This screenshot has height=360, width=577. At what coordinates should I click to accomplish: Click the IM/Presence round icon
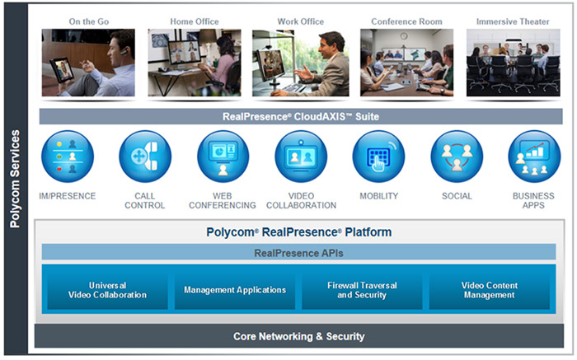click(x=68, y=157)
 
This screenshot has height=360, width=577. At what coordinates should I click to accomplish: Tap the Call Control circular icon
click(x=144, y=157)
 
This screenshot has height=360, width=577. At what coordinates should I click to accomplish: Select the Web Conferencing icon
click(x=223, y=157)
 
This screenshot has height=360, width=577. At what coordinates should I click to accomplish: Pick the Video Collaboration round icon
click(x=301, y=157)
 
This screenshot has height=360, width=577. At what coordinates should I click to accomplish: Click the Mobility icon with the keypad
click(x=378, y=157)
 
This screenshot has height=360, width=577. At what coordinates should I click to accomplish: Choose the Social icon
click(x=457, y=157)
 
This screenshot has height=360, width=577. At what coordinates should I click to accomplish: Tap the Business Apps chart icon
click(x=534, y=157)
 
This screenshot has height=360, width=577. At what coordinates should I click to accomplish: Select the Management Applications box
click(x=235, y=290)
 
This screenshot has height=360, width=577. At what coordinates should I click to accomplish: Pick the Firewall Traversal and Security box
click(x=362, y=290)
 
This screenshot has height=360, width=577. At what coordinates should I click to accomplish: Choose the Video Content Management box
click(x=489, y=290)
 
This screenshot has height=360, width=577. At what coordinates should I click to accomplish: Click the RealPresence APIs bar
click(x=298, y=252)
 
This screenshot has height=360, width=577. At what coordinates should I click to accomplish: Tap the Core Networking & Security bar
click(x=298, y=336)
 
